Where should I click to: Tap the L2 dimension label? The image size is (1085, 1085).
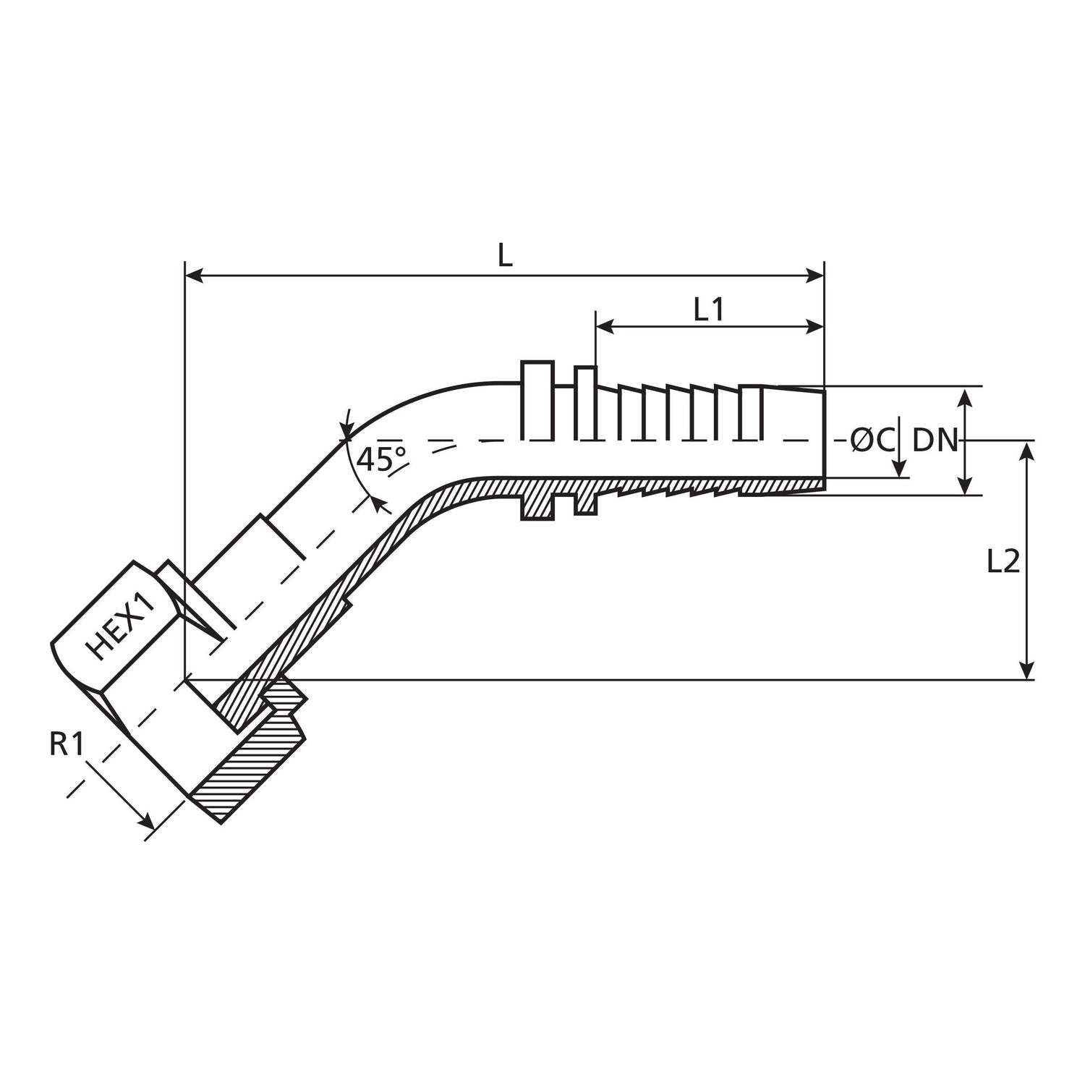(x=1003, y=561)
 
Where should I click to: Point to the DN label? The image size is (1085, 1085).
(x=935, y=440)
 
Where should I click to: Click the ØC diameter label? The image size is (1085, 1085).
(x=873, y=440)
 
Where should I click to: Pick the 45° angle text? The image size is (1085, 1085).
(x=383, y=459)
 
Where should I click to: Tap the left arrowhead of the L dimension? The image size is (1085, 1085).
(x=194, y=275)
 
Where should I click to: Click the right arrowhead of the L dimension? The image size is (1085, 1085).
(x=816, y=275)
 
